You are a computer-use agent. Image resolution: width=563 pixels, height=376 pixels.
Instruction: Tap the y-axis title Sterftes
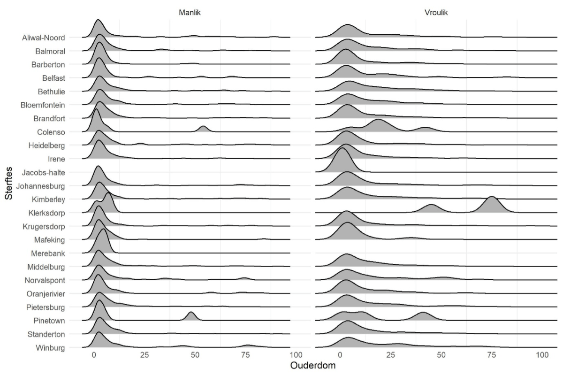[x=9, y=183]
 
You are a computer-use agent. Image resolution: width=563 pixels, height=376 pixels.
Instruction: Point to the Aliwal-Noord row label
[x=44, y=38]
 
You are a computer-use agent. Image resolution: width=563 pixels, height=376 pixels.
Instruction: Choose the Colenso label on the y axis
[x=51, y=132]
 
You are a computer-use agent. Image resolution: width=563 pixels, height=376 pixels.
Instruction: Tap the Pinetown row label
[x=49, y=321]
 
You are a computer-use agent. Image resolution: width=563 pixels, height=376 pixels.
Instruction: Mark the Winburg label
[x=50, y=348]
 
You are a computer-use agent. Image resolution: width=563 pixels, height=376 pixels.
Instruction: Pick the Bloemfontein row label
[x=43, y=105]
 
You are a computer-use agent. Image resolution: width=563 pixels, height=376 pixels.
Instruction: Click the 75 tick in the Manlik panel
[x=245, y=355]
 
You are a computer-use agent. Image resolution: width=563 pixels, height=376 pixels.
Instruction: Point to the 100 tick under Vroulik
[x=542, y=355]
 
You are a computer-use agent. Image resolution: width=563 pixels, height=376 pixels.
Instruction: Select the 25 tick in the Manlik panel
[x=145, y=355]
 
